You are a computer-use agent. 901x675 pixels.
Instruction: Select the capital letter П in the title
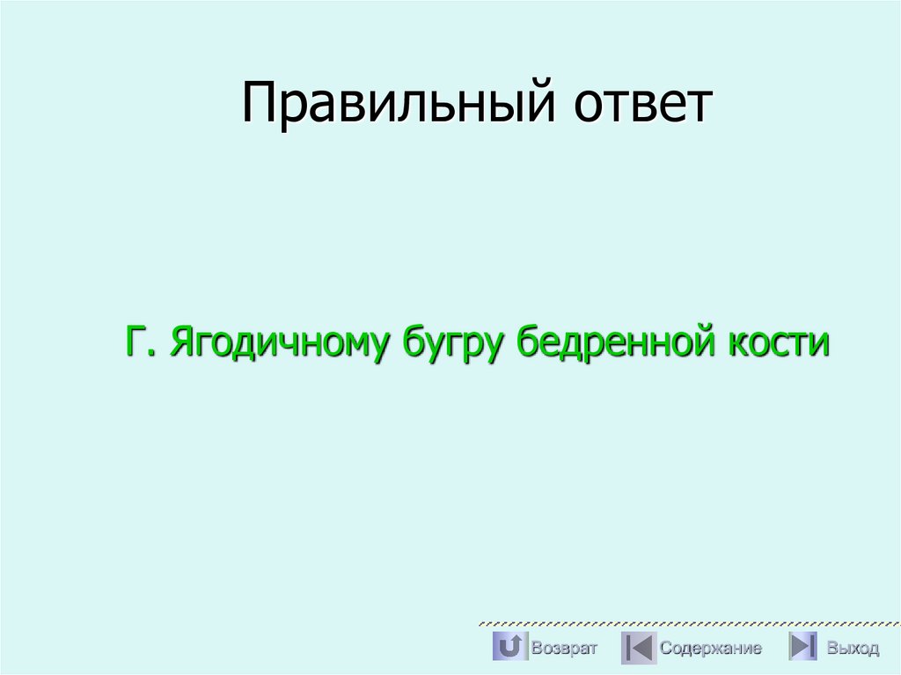(x=260, y=103)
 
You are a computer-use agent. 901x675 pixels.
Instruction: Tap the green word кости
(x=777, y=341)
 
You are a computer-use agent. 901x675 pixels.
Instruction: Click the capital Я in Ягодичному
(x=182, y=341)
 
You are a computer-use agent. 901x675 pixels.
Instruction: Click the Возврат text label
(x=564, y=649)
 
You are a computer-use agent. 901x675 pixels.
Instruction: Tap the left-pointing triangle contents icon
(x=638, y=648)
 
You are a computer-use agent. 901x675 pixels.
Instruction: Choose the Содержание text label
(x=711, y=649)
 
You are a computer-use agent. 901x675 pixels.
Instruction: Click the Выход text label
(x=853, y=649)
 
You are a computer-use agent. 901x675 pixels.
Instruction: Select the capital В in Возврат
(x=536, y=649)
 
